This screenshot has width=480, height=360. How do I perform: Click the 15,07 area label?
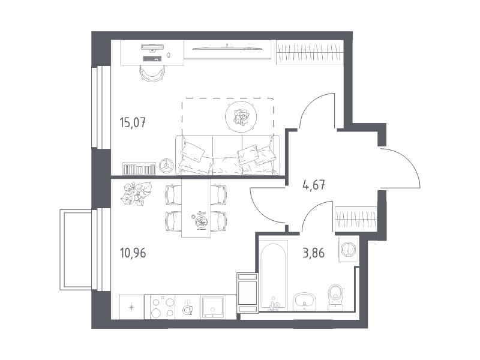(x=133, y=123)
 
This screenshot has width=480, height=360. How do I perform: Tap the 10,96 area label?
(x=133, y=253)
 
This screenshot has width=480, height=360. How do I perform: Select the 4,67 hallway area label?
(x=313, y=185)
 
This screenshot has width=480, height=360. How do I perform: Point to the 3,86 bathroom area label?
(x=313, y=253)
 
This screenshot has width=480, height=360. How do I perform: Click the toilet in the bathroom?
(x=336, y=296)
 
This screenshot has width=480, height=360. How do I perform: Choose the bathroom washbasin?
(x=304, y=302)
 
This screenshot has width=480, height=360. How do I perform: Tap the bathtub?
(x=274, y=276)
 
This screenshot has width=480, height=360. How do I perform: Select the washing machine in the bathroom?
(x=348, y=248)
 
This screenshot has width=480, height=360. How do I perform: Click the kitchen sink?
(x=212, y=307)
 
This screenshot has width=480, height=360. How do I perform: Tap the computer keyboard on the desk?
(x=152, y=59)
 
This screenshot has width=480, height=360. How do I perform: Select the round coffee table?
(x=241, y=116)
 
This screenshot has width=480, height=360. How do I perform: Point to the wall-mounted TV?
(x=227, y=48)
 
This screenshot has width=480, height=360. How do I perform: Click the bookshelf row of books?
(x=139, y=169)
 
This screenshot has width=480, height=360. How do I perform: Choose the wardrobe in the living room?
(x=310, y=52)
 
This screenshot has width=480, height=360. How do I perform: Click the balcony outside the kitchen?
(x=76, y=250)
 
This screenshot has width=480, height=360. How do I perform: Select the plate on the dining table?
(x=202, y=221)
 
